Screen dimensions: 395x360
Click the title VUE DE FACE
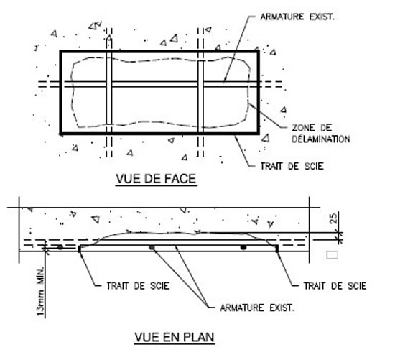pos(156,179)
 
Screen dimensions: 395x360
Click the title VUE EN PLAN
pos(175,337)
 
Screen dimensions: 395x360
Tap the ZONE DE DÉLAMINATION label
pos(321,134)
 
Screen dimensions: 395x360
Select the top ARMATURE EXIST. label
pos(297,17)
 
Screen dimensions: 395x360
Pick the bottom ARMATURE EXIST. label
pos(257,308)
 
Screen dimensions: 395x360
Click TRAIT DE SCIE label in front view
pos(292,166)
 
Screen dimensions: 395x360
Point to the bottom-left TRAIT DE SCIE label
pos(138,286)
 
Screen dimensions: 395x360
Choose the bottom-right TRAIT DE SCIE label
pos(335,286)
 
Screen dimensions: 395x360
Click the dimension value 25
pos(333,218)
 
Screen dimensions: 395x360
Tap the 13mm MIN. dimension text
pos(40,291)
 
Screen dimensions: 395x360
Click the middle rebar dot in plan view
pos(152,248)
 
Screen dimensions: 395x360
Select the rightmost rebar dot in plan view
pos(243,248)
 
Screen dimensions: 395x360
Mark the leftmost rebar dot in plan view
pos(60,247)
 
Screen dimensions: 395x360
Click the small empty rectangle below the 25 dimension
pos(332,255)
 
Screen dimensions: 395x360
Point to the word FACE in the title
pos(180,179)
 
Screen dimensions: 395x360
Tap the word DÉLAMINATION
pos(321,139)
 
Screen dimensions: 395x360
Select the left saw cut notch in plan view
pos(80,249)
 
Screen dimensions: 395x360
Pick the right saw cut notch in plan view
pos(276,249)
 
